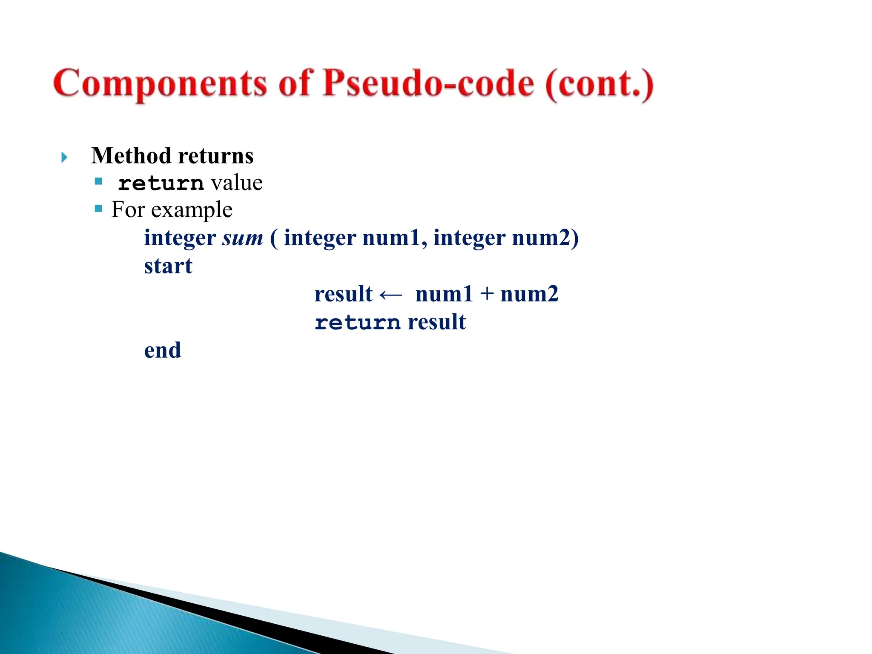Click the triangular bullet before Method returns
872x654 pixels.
point(64,158)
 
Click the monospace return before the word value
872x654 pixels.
point(161,184)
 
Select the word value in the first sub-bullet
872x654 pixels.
point(237,183)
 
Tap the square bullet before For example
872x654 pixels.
point(99,209)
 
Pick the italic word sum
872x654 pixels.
point(243,238)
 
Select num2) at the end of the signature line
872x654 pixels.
point(545,238)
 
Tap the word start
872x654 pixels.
point(168,266)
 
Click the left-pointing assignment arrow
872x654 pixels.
point(390,295)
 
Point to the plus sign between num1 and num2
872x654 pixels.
point(486,294)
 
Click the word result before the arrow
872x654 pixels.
point(343,294)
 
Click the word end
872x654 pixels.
point(163,350)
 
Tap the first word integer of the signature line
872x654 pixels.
point(180,238)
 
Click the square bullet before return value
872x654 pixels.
point(99,181)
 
